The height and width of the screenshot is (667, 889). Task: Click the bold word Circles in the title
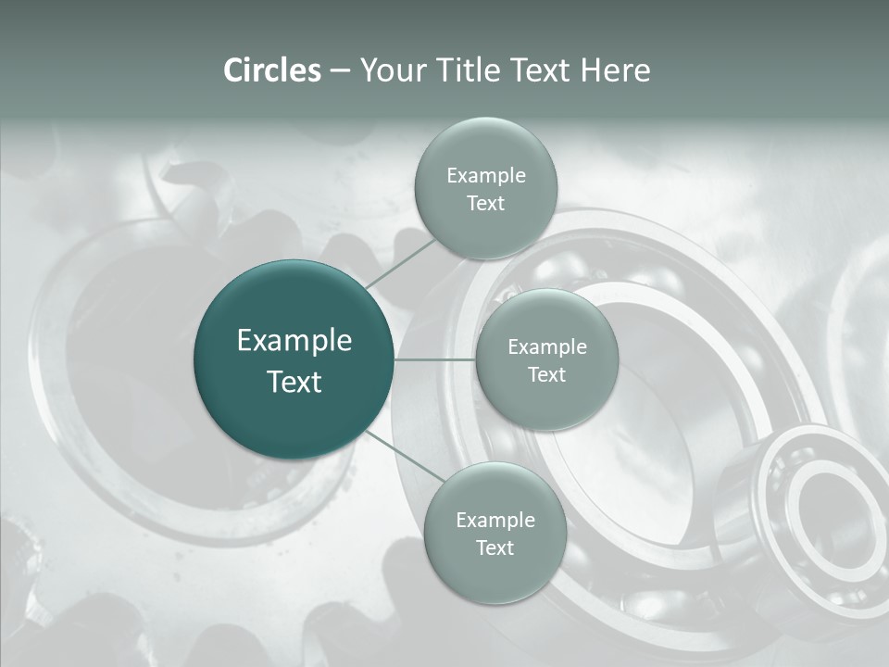click(x=272, y=70)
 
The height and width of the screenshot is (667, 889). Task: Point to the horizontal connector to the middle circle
click(x=434, y=359)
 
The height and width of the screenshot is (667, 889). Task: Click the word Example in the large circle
click(x=294, y=341)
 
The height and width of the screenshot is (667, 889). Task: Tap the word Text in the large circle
click(x=294, y=382)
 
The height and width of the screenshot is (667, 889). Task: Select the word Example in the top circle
click(x=485, y=176)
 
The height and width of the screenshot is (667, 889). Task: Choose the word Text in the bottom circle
click(x=495, y=548)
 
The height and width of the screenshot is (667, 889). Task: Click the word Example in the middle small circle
click(x=546, y=347)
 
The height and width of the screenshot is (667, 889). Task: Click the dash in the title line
click(x=339, y=70)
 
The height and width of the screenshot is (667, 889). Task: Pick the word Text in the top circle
click(x=485, y=204)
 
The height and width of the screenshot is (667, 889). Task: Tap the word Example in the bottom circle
click(x=495, y=521)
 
